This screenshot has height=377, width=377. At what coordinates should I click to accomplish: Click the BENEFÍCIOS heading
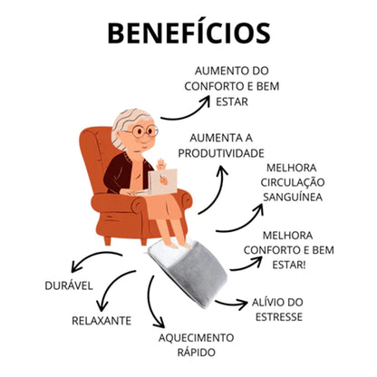[x=188, y=33]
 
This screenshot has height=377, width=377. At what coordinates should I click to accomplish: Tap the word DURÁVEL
[x=69, y=285]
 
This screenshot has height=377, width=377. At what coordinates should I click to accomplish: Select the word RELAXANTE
[x=101, y=321]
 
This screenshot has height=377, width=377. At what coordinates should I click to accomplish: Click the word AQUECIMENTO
[x=196, y=337]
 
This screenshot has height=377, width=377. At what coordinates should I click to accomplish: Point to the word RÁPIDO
[x=197, y=353]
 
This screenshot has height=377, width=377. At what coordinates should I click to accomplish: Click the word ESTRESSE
[x=279, y=317]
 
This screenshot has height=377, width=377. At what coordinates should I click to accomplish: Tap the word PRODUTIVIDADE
[x=221, y=153]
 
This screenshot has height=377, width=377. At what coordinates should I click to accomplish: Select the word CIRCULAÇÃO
[x=293, y=182]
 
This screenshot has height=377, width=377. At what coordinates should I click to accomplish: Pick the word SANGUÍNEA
[x=293, y=198]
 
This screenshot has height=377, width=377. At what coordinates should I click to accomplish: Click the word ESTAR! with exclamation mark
[x=289, y=265]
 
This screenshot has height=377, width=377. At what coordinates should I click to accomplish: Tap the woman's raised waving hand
[x=162, y=164]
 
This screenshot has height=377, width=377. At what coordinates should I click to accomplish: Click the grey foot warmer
[x=188, y=273]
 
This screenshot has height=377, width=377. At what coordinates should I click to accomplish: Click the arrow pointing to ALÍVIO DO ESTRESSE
[x=231, y=304]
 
